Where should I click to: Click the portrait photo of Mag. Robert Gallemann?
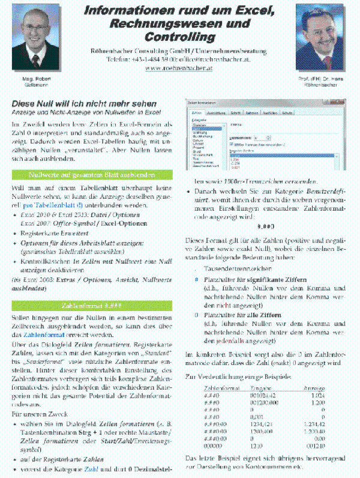point(34,37)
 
